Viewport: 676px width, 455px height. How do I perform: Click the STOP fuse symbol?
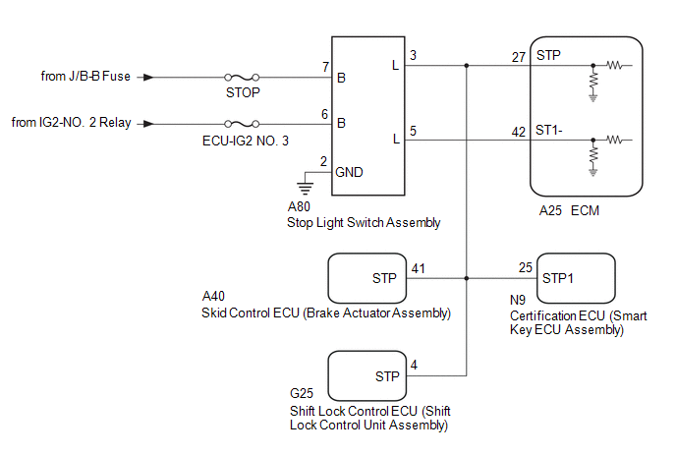click(x=242, y=77)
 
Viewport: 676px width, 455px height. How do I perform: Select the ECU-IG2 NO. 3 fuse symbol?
click(x=242, y=124)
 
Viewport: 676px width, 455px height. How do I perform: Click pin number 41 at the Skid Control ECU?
click(x=419, y=267)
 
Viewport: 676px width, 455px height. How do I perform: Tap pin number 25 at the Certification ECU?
click(x=526, y=267)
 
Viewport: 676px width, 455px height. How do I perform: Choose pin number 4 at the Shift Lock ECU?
click(x=414, y=365)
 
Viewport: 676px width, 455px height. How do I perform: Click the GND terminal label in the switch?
click(x=350, y=171)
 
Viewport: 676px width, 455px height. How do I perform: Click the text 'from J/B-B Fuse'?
click(x=86, y=77)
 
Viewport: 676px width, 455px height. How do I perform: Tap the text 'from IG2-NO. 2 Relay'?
click(x=72, y=124)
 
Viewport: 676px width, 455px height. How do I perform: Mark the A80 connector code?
click(x=299, y=207)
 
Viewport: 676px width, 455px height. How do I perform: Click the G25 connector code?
click(x=302, y=396)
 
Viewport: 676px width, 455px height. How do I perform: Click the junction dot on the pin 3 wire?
click(x=466, y=67)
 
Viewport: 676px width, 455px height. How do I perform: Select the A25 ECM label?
click(x=569, y=210)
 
